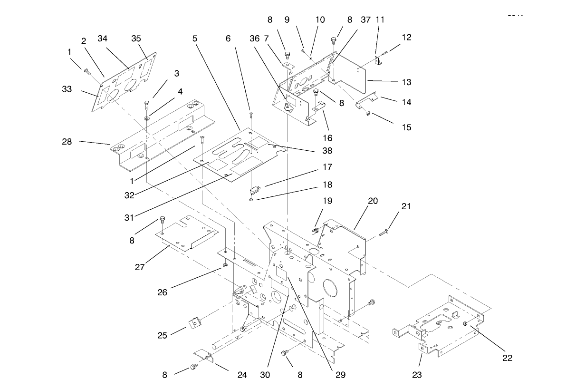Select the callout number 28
67,141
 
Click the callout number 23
417,375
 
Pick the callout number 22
508,358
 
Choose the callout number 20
373,201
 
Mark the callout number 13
406,82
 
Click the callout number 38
314,151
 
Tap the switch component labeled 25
194,324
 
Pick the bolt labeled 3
146,105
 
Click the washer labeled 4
146,117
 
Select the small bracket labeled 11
378,60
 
